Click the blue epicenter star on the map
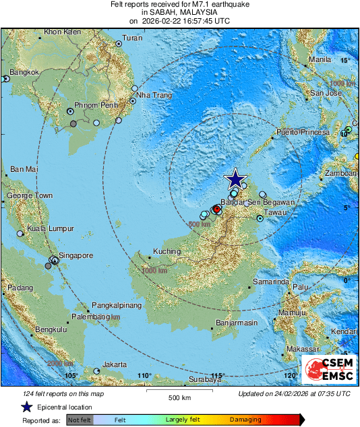tap(235, 179)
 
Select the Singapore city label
tap(75, 255)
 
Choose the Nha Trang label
tap(154, 95)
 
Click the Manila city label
tap(320, 59)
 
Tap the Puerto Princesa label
tap(303, 132)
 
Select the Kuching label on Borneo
tap(167, 252)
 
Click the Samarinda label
tap(271, 281)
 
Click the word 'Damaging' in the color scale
tap(245, 420)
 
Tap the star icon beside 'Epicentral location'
tap(26, 407)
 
